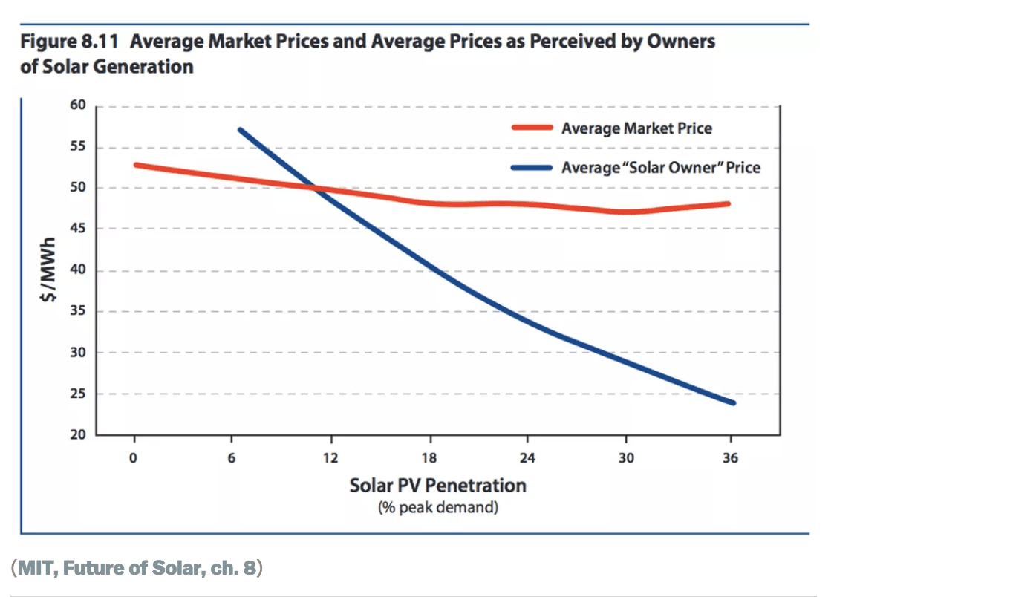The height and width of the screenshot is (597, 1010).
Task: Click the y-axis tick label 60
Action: pos(79,106)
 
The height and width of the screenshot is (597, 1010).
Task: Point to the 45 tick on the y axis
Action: pos(79,229)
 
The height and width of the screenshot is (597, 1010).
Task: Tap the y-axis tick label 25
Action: pos(79,394)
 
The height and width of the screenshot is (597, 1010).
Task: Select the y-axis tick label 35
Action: pos(79,312)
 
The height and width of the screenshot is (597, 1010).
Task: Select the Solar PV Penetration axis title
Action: pos(437,486)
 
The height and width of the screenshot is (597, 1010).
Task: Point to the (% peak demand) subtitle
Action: pos(437,508)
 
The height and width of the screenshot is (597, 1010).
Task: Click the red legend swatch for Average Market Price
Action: pos(532,128)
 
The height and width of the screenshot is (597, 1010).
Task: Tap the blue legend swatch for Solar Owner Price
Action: pos(532,167)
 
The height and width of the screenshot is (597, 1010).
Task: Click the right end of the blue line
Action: pos(733,402)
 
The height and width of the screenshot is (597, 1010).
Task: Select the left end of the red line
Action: pos(136,165)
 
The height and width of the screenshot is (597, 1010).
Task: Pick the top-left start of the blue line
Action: pos(240,130)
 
